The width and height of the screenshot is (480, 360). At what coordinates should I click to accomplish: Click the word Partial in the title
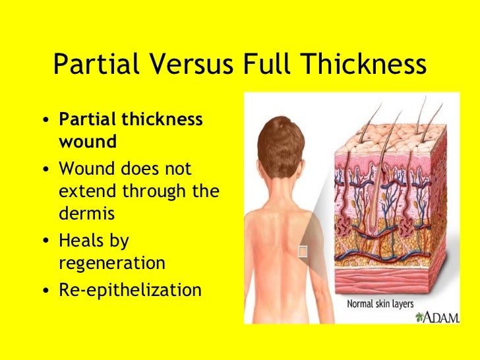87,65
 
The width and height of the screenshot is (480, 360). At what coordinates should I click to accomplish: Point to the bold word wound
88,142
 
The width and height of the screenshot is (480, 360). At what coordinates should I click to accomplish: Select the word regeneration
112,263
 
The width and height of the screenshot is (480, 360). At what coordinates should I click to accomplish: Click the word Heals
80,241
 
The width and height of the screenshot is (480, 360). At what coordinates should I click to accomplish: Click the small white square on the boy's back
303,251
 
